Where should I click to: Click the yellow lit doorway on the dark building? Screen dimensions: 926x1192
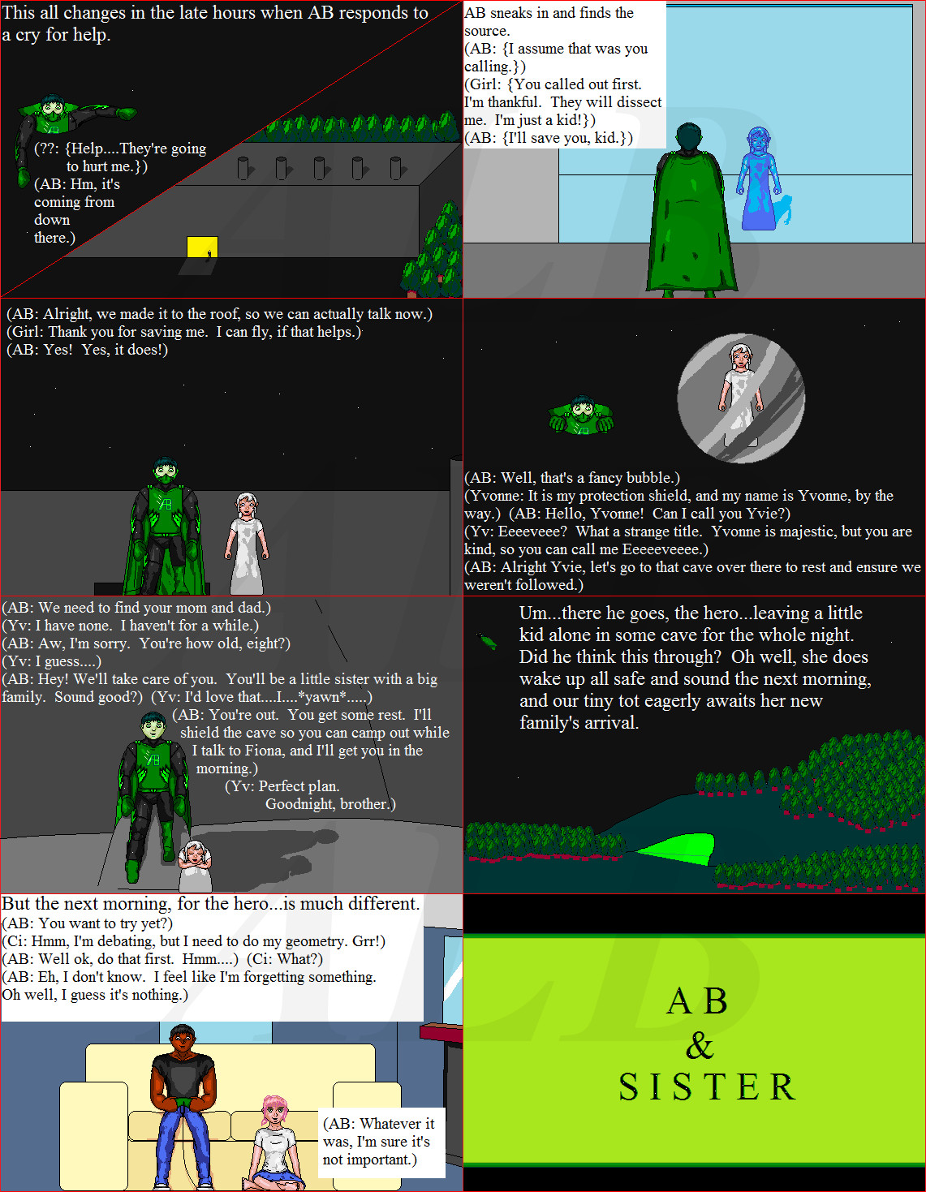(x=202, y=247)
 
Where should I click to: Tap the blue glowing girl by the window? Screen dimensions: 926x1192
(x=760, y=179)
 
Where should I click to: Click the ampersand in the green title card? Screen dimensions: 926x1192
(x=700, y=1045)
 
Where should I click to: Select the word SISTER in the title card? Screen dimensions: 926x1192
(x=707, y=1087)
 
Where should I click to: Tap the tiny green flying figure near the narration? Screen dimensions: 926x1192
(x=488, y=640)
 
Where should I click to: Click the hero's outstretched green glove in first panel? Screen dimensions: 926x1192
(x=127, y=113)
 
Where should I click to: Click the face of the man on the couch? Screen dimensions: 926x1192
(x=182, y=1039)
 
